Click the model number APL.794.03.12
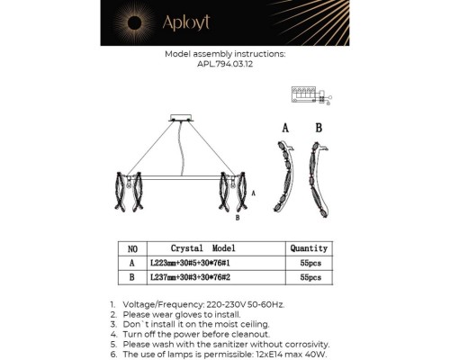tap(224, 63)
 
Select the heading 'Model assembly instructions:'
tap(224, 54)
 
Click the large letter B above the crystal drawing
tap(318, 127)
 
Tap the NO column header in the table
tap(132, 247)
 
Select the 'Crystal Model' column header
tap(202, 247)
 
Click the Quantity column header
tap(309, 247)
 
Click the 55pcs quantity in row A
tap(309, 263)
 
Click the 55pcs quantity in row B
tap(309, 278)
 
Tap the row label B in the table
tap(132, 278)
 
